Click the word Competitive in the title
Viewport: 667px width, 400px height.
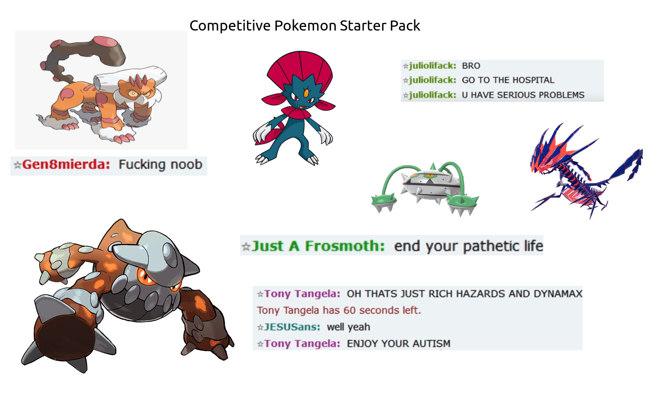[230, 26]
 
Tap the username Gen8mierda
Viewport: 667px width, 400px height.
[66, 165]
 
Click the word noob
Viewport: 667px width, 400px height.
[186, 165]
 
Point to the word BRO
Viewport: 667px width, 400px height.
[471, 66]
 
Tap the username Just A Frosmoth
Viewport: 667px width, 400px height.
[318, 246]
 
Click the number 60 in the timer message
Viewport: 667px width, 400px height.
[349, 311]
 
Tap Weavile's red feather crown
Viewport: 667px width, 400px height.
[300, 68]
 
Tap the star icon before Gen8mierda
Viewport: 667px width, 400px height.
[17, 165]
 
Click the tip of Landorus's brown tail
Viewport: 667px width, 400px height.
[109, 42]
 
